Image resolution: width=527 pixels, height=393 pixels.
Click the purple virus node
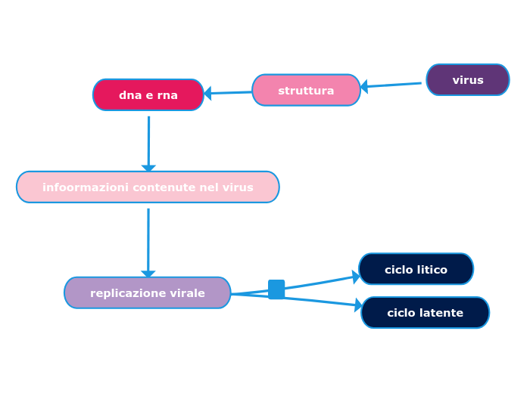(x=467, y=80)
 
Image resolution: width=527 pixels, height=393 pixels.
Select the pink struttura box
(x=306, y=91)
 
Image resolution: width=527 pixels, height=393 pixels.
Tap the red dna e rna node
(x=148, y=95)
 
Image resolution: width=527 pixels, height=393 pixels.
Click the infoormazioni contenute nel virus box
(x=148, y=187)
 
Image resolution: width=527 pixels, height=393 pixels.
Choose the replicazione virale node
(x=148, y=293)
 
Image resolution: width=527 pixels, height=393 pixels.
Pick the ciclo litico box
(x=416, y=270)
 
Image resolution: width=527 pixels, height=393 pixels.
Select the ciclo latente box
(x=425, y=313)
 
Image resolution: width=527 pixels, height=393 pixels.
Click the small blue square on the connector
(x=276, y=289)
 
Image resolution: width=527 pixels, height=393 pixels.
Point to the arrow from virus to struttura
(x=391, y=85)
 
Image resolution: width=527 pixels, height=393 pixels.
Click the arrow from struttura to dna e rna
(x=228, y=93)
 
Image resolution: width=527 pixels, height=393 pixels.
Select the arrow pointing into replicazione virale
(x=148, y=242)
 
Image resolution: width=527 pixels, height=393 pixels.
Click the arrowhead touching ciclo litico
(x=356, y=277)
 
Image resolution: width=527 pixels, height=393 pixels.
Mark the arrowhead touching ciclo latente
(x=358, y=305)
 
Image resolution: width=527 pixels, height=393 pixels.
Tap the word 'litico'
(x=431, y=270)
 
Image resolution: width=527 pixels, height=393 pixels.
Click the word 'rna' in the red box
(x=167, y=95)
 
